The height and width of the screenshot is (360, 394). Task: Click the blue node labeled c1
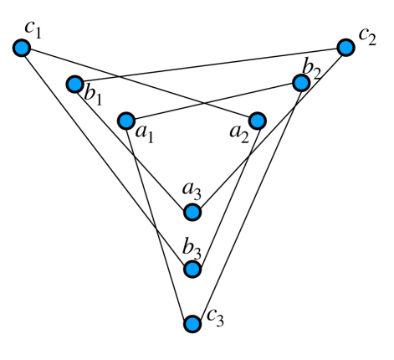pos(23,49)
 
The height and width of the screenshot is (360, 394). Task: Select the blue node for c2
pos(346,47)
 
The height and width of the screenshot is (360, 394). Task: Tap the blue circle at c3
pos(192,323)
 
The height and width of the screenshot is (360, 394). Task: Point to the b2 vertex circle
pos(301,82)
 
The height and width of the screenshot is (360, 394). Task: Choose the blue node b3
pos(192,269)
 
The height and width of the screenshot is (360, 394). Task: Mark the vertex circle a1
pos(126,120)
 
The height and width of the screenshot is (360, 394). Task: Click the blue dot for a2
pos(257,120)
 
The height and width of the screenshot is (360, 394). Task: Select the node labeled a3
pos(192,212)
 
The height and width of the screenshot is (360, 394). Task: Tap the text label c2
pos(368,36)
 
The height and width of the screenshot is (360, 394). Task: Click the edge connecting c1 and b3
pos(107,158)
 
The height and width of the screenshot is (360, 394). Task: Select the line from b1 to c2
pos(209,65)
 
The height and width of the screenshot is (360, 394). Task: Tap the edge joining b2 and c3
pos(247,203)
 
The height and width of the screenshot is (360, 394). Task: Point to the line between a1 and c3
pos(159,221)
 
